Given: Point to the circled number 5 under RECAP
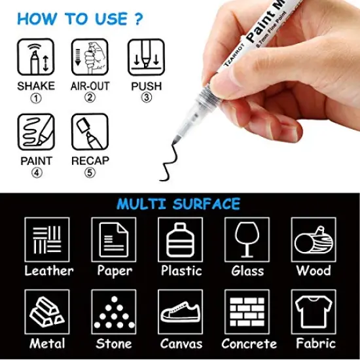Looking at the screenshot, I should point(90,173).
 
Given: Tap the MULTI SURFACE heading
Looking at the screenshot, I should point(179,204).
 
